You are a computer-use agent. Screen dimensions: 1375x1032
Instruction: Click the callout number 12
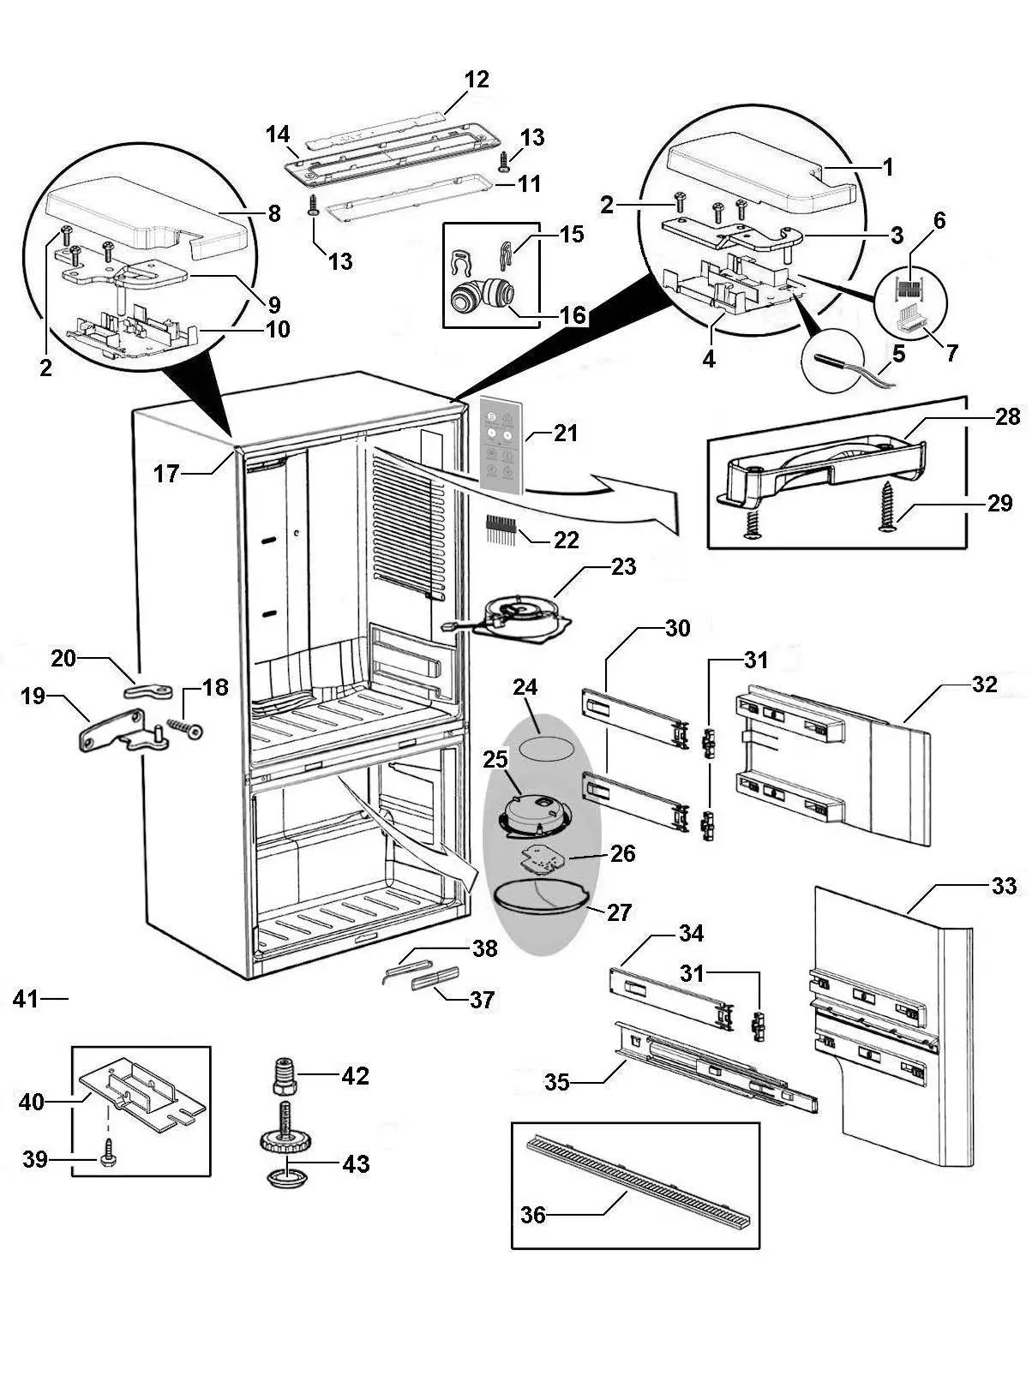coord(477,80)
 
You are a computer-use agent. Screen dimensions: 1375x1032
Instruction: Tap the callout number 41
coord(27,998)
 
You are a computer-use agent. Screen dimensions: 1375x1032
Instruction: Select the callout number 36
coord(533,1215)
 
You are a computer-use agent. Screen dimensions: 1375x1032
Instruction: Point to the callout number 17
coord(166,472)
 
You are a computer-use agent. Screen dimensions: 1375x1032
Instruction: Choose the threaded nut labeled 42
coord(285,1074)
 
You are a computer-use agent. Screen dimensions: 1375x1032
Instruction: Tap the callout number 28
coord(1008,416)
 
